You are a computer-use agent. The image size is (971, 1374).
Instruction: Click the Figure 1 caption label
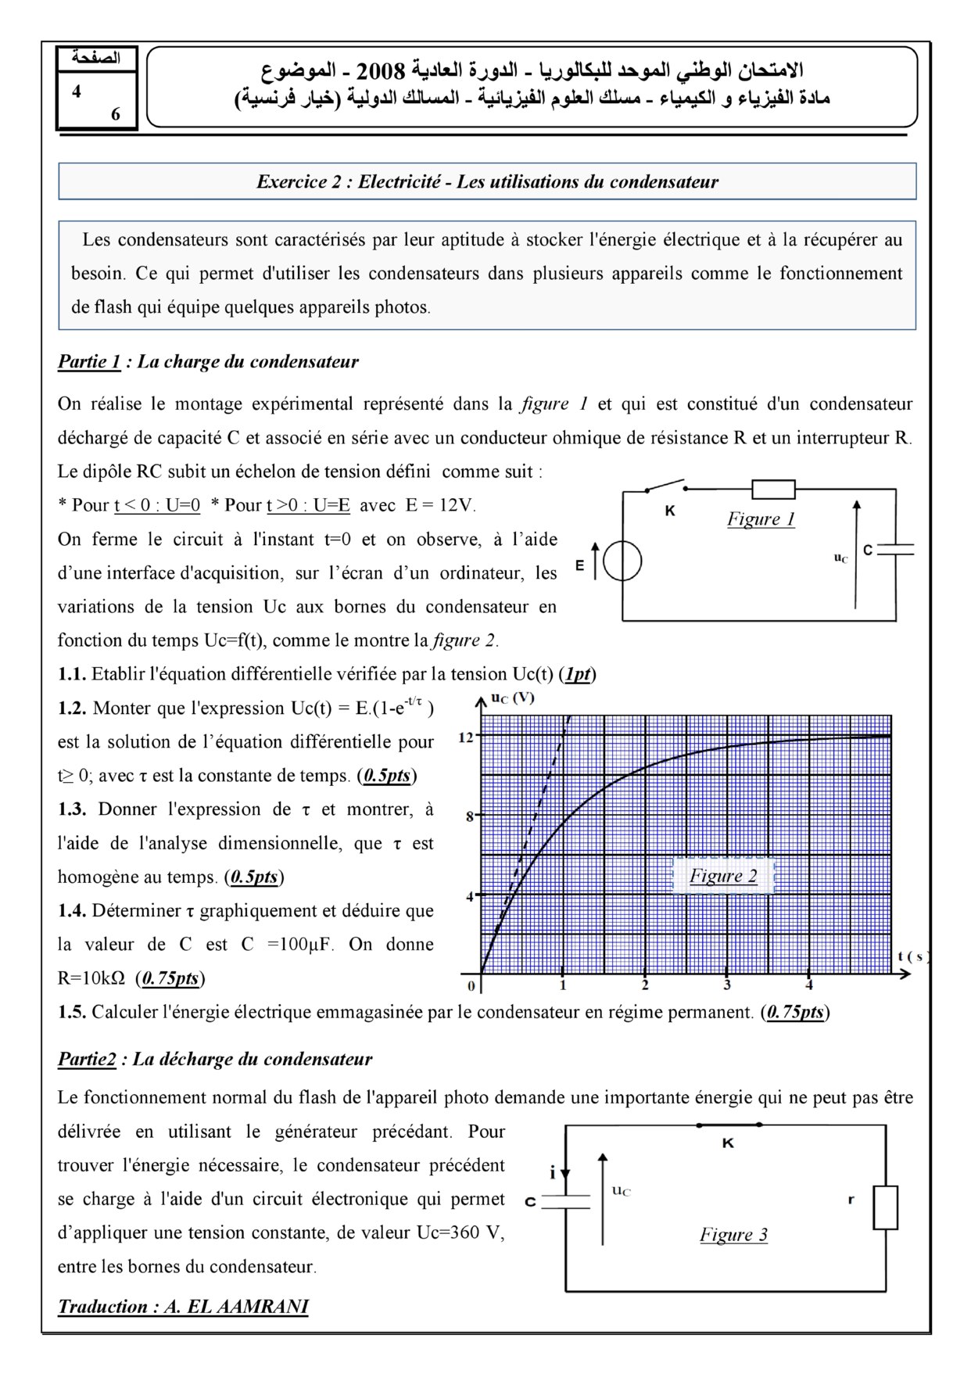coord(761,518)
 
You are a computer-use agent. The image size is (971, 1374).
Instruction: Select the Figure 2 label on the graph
coord(723,876)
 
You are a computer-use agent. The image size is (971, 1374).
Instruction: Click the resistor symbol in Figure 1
coord(772,490)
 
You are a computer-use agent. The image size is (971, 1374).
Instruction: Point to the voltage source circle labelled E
coord(622,561)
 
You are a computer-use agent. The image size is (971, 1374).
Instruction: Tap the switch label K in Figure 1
coord(669,511)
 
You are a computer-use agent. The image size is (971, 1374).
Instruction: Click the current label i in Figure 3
coord(553,1173)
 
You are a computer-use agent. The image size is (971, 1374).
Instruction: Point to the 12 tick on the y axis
coord(465,737)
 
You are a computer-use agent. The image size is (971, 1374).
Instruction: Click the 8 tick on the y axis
coord(470,816)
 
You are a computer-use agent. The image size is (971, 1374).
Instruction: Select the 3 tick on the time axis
coord(727,985)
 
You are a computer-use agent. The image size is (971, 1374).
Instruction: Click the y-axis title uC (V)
coord(513,698)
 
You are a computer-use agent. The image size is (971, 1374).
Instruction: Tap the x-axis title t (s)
coord(912,956)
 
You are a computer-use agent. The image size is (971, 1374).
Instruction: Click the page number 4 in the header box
coord(77,91)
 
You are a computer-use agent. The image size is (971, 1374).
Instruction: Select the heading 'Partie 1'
coord(89,361)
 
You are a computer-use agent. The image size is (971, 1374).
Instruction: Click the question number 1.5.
coord(72,1012)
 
